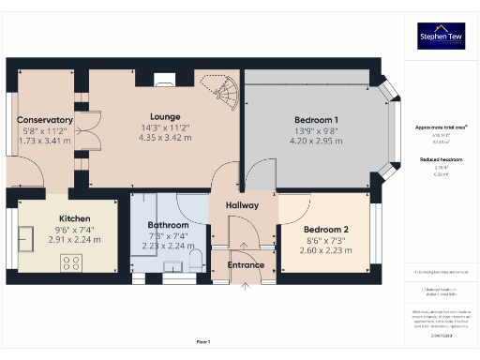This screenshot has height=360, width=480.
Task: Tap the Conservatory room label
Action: point(45,120)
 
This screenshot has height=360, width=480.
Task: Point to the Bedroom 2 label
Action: point(326,230)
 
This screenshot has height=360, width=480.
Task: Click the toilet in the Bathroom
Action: point(196,258)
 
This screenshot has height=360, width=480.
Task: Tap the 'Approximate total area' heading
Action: point(441,126)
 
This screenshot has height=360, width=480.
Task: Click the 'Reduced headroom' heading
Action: point(441,160)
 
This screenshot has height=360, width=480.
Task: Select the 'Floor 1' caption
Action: point(203,341)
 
